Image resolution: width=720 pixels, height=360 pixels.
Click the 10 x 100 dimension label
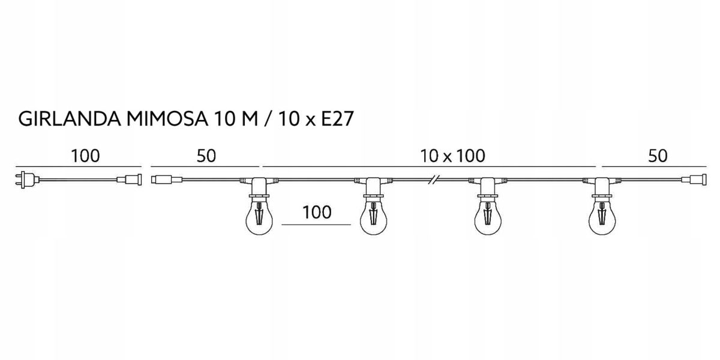452,156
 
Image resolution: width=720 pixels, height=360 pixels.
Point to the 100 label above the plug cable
85,156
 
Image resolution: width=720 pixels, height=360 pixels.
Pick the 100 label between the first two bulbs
316,213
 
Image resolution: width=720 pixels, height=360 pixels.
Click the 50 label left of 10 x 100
206,156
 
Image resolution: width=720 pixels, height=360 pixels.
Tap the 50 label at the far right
658,156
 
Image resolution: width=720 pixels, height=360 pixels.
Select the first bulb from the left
259,217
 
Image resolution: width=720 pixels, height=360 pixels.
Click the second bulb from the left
373,217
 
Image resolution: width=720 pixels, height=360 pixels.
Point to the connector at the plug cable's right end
130,179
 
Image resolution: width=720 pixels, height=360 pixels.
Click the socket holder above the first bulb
259,187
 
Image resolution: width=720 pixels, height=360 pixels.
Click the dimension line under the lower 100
316,225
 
